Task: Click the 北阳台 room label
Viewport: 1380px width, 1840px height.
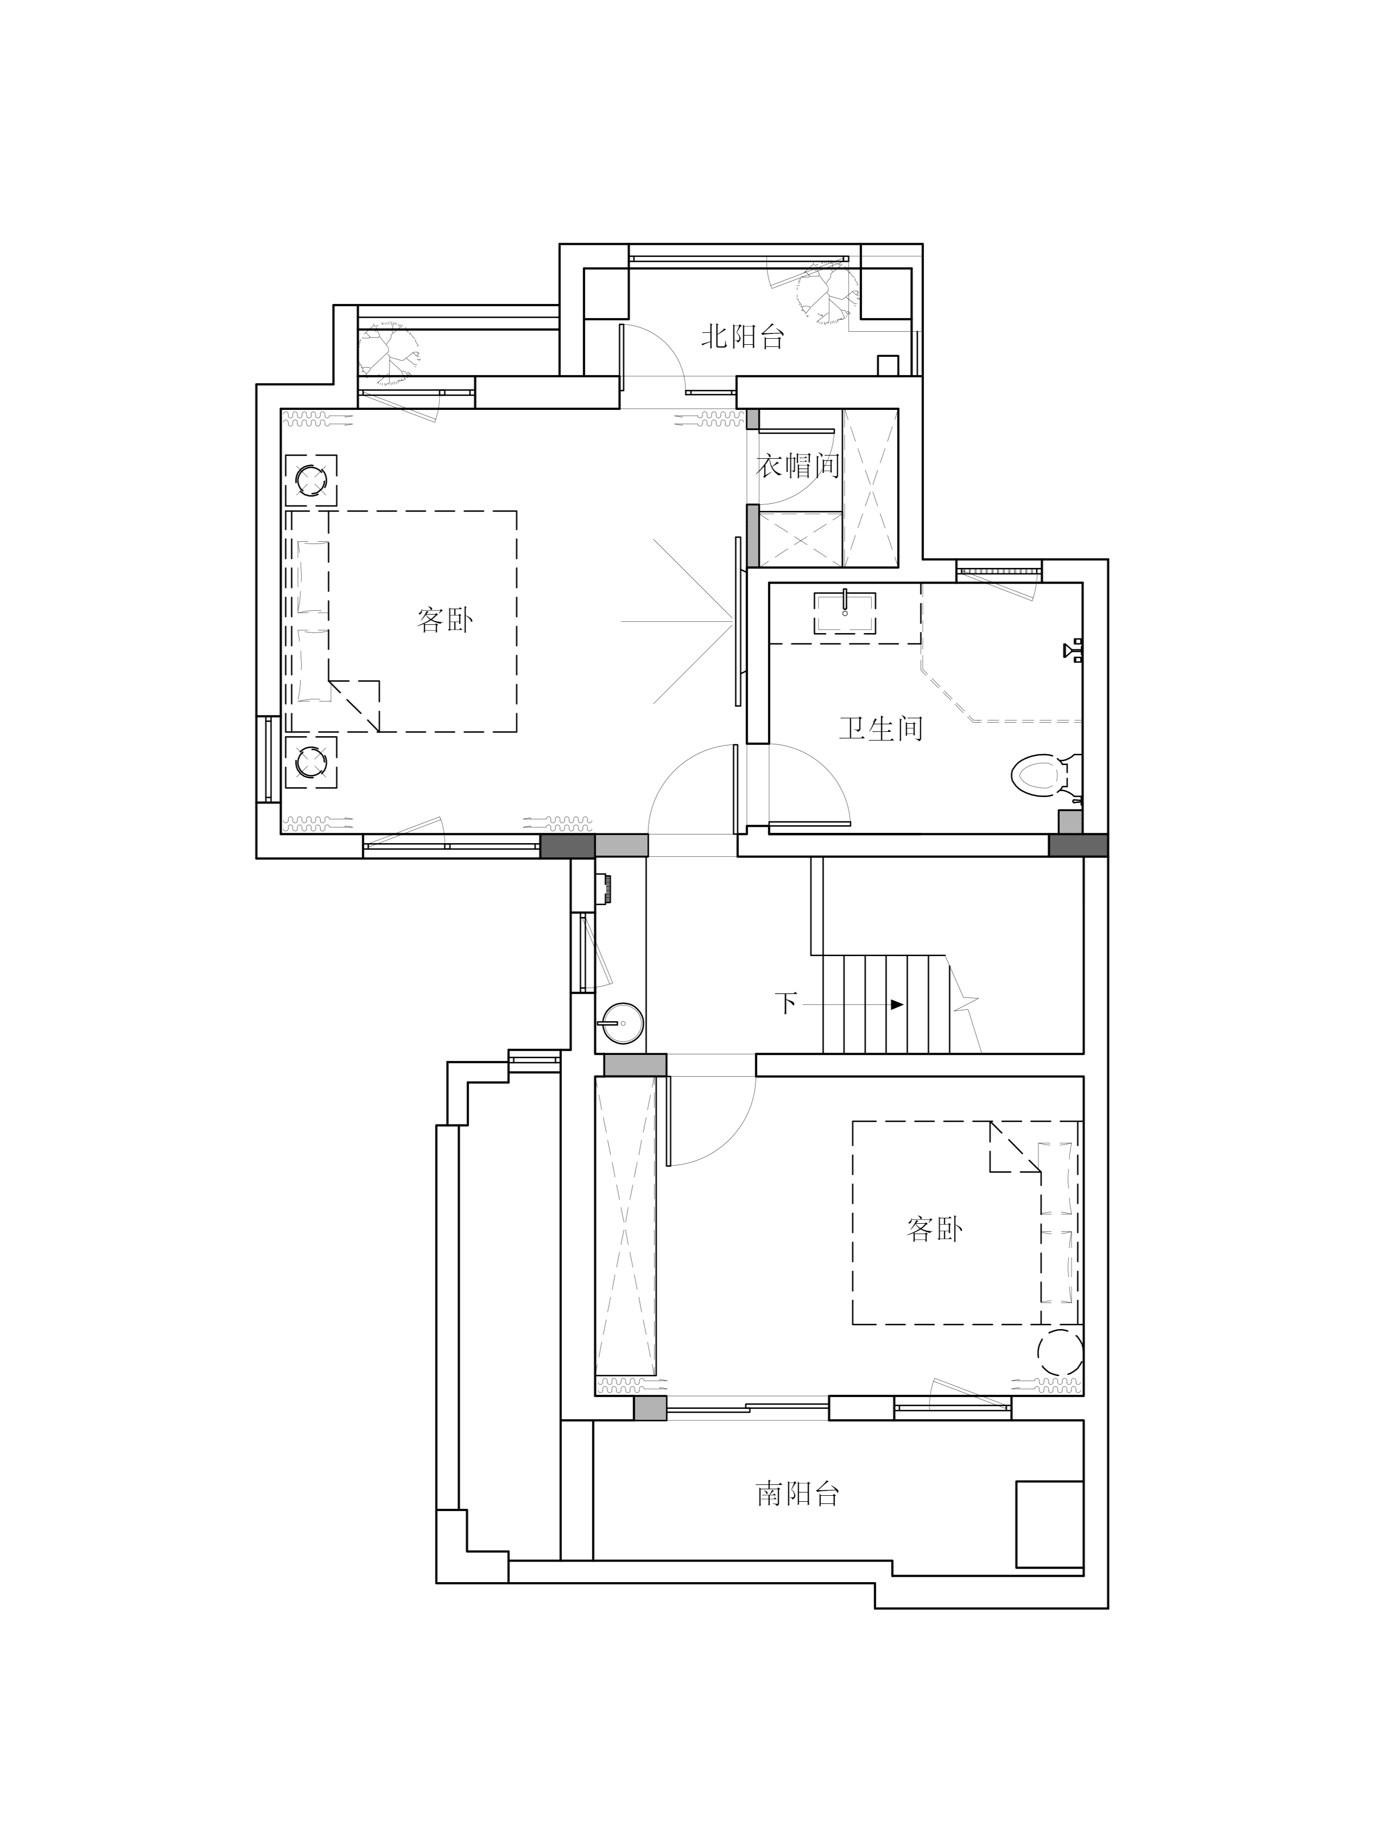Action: (742, 337)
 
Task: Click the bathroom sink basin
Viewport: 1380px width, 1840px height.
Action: (844, 613)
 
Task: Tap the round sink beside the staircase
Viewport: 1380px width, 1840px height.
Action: (621, 1022)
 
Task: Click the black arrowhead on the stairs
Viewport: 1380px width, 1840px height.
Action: (897, 1004)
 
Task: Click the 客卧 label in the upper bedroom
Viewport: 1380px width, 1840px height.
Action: (445, 619)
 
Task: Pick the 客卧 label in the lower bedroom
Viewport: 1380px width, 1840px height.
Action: (934, 1229)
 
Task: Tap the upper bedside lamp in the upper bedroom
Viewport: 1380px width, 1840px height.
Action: (311, 480)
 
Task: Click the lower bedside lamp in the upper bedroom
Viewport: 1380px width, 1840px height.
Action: (311, 761)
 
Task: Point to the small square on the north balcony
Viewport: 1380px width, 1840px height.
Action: (888, 365)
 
